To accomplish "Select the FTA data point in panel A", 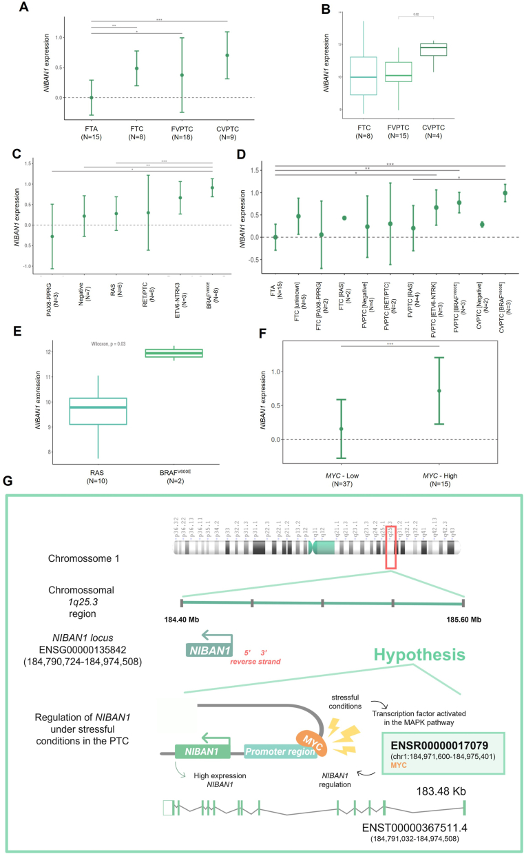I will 91,97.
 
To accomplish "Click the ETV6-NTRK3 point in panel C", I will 180,198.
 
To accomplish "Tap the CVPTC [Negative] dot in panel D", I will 482,224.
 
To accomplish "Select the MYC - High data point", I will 439,391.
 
